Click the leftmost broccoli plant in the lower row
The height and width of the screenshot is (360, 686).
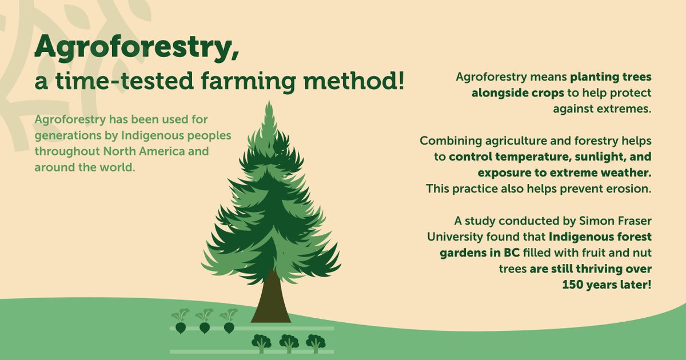click(261, 343)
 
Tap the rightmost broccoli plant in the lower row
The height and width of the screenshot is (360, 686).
click(315, 343)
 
